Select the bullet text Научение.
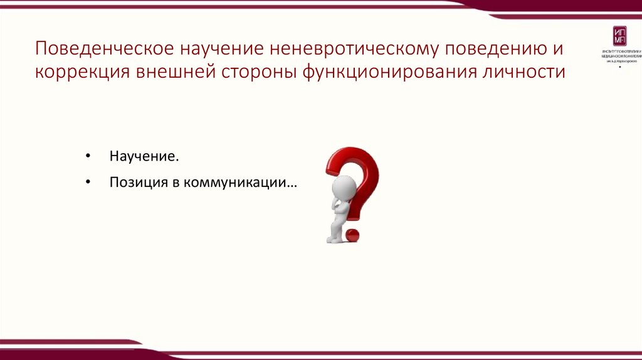(x=139, y=156)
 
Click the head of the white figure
(x=343, y=187)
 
